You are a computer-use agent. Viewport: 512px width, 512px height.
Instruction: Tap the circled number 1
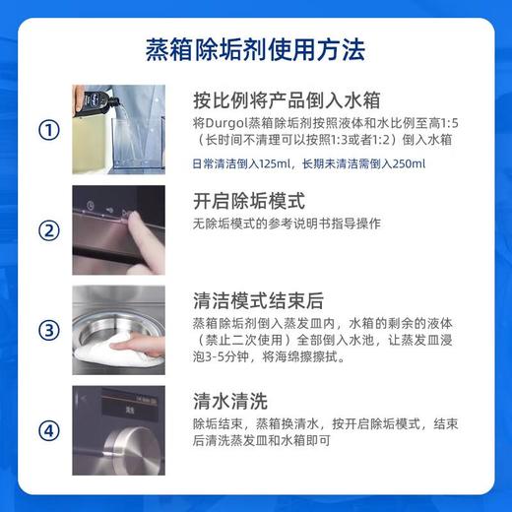click(46, 131)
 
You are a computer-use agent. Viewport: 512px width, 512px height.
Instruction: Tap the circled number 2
click(46, 231)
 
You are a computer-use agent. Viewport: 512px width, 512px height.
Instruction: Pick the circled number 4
click(46, 431)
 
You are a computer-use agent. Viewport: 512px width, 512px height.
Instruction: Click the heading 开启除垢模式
click(250, 200)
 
